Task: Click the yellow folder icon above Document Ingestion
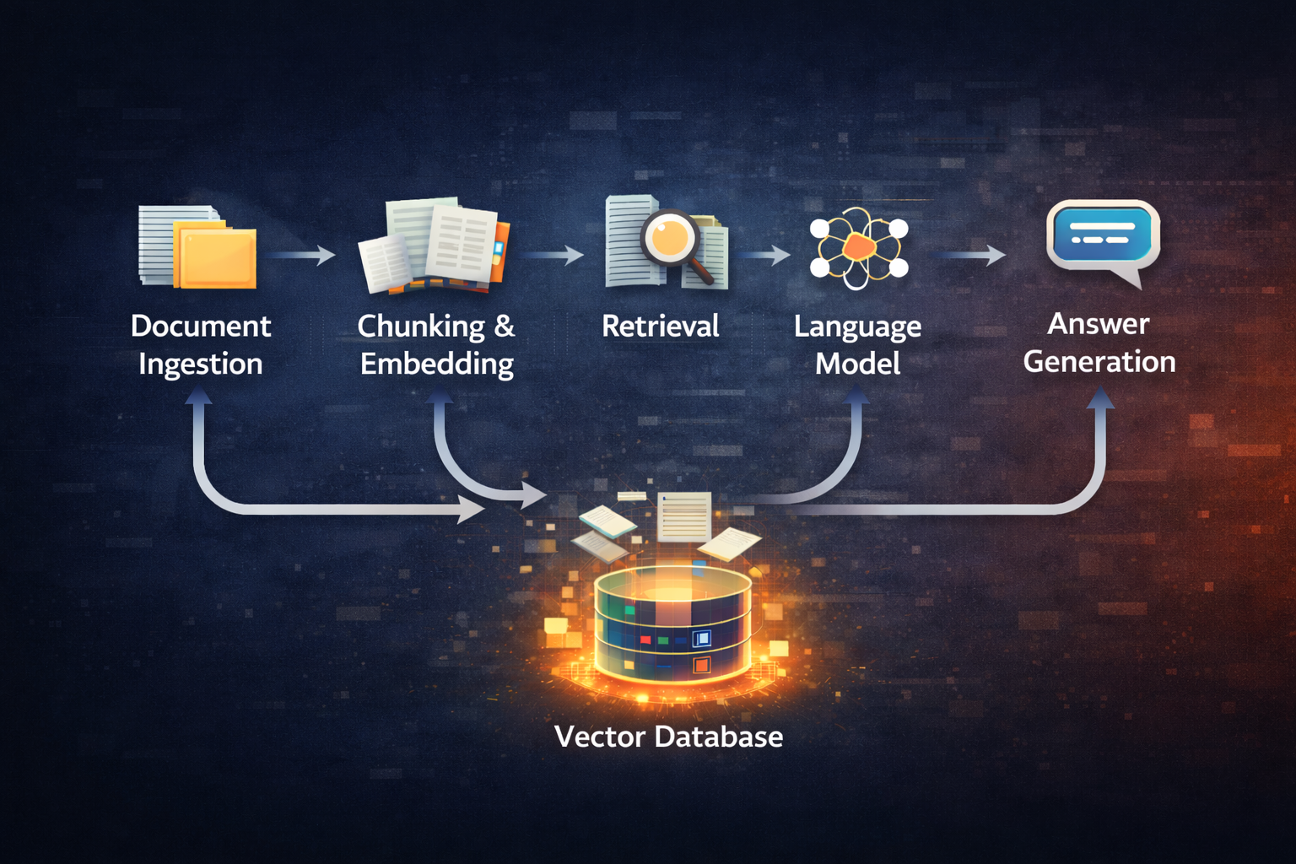pyautogui.click(x=216, y=256)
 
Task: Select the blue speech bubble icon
pyautogui.click(x=1102, y=236)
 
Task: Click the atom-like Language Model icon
pyautogui.click(x=858, y=248)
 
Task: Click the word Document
pyautogui.click(x=201, y=327)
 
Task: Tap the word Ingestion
pyautogui.click(x=201, y=364)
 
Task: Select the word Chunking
pyautogui.click(x=421, y=327)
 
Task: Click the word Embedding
pyautogui.click(x=437, y=364)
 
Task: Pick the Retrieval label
pyautogui.click(x=661, y=327)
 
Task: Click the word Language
pyautogui.click(x=857, y=327)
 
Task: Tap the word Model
pyautogui.click(x=857, y=364)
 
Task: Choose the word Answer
pyautogui.click(x=1099, y=324)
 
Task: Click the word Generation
pyautogui.click(x=1099, y=362)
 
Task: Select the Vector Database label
pyautogui.click(x=668, y=737)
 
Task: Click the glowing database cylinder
pyautogui.click(x=672, y=624)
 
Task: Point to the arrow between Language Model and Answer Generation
pyautogui.click(x=970, y=255)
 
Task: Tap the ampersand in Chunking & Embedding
pyautogui.click(x=505, y=327)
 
